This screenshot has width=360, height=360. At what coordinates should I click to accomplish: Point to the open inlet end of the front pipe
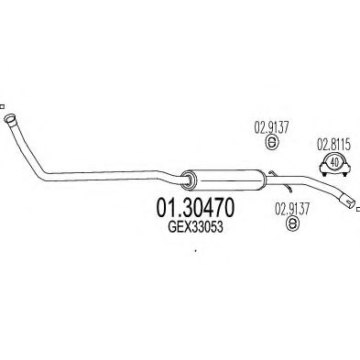10,119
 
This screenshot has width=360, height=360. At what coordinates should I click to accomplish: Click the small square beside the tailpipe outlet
355,208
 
